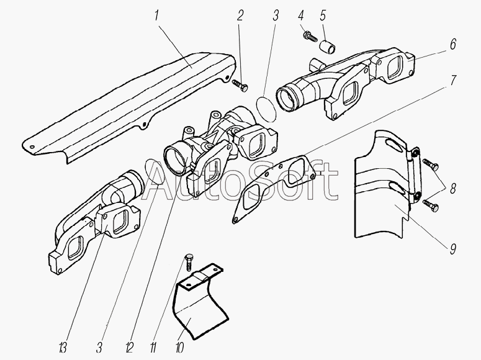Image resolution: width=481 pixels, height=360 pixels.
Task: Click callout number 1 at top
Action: point(156,16)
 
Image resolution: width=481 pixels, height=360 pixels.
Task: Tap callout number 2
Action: point(240,16)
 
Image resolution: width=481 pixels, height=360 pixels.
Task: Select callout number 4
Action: point(301,16)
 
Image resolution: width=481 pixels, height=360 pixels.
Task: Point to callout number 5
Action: point(323,16)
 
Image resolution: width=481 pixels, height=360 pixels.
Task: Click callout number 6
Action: point(453,44)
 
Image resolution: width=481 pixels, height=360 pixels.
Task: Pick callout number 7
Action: point(454,80)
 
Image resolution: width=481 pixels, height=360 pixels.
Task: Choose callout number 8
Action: point(453,189)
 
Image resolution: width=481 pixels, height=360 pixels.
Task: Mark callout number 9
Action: point(453,249)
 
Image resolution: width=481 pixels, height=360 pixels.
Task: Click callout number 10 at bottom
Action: point(179,348)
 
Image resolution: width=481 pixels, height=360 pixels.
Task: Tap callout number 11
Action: point(153,348)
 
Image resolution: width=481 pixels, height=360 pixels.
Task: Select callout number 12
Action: point(129,348)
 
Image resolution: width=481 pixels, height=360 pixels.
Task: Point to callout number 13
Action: point(62,348)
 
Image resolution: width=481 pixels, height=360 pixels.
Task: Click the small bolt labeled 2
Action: point(240,85)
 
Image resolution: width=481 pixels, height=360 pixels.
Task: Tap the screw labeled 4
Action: point(310,37)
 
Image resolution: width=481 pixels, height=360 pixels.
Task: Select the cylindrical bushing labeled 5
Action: point(328,46)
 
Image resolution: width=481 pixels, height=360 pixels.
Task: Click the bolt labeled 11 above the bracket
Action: point(188,261)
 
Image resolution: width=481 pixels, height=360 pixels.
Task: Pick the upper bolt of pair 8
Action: point(431,165)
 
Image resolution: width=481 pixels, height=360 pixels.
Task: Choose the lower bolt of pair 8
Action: point(431,205)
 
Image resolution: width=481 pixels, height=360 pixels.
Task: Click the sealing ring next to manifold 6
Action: point(266,109)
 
